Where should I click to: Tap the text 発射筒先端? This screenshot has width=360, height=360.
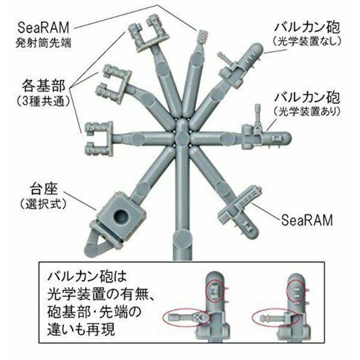tap(43, 43)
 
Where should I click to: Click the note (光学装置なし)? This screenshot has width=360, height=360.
tap(307, 42)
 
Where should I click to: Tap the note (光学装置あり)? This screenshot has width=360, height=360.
tap(307, 111)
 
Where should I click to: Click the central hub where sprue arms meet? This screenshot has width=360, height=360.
tap(182, 137)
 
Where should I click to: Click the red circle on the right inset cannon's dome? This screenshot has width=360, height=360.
tap(296, 292)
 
